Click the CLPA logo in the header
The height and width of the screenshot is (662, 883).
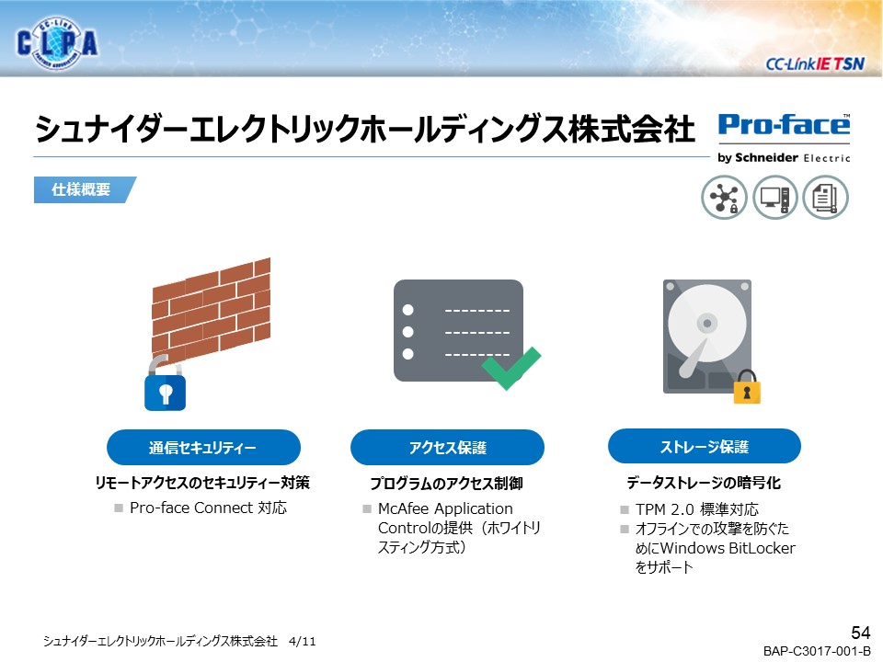point(57,43)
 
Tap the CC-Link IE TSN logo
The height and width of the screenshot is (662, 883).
point(814,63)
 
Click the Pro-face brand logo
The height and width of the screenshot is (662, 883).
point(784,138)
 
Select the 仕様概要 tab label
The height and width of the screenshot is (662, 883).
point(81,189)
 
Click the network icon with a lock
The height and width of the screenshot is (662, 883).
point(724,197)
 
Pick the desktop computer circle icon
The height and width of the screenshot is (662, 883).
point(775,197)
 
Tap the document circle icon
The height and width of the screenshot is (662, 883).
point(826,197)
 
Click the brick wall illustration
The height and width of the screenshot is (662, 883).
point(212,308)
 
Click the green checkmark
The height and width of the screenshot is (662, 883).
point(510,368)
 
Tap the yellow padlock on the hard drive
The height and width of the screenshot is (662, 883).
point(747,387)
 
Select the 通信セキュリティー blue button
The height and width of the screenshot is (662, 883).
point(203,448)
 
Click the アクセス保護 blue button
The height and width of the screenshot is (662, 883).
point(447,448)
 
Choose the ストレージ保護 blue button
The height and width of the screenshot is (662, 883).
point(705,447)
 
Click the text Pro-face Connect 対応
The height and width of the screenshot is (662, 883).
point(209,508)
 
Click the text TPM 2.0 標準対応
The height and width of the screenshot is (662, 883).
point(697,509)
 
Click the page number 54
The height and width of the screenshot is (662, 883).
point(861,633)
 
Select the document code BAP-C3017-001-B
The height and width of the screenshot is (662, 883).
point(817,651)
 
